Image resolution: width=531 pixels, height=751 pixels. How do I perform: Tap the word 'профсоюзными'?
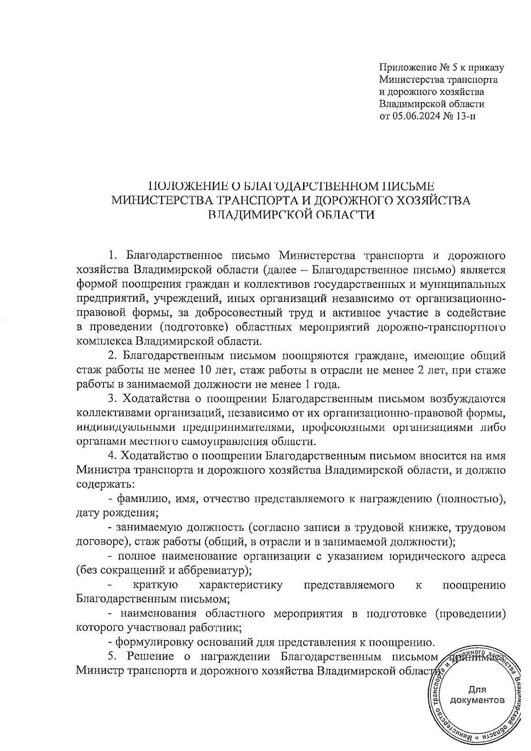coord(339,428)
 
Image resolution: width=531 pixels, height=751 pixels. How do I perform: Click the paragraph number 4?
coord(112,456)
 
